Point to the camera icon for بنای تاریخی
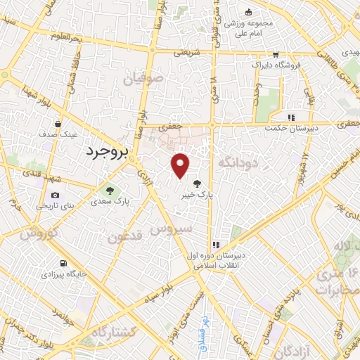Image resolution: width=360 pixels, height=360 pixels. point(56,195)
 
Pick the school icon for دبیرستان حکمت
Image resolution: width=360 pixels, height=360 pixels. point(289,117)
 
